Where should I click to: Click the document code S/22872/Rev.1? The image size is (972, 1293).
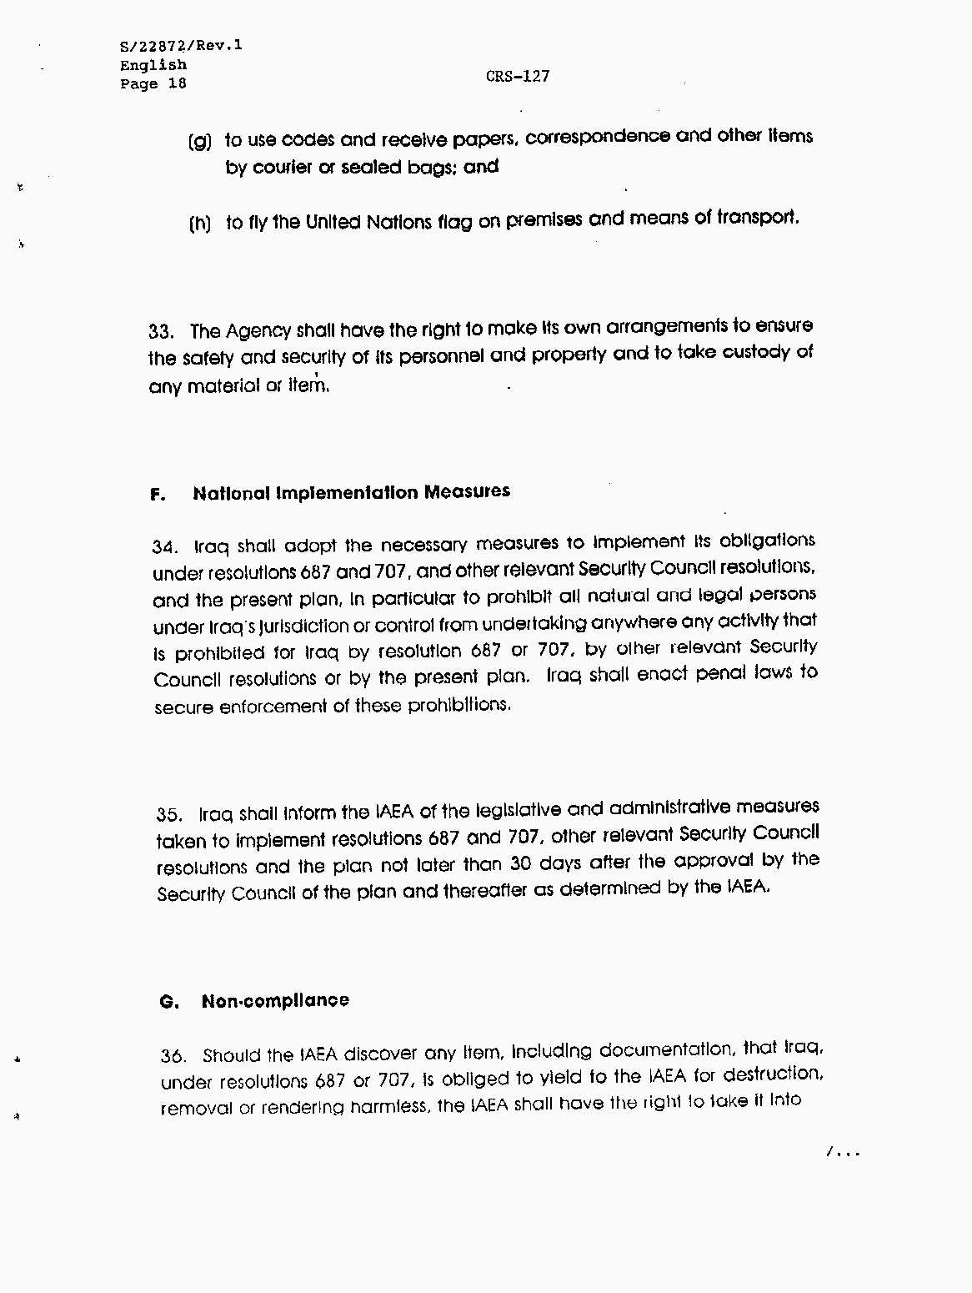click(181, 46)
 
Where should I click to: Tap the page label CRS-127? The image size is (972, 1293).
click(518, 76)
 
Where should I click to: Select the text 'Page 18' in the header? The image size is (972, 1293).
click(153, 83)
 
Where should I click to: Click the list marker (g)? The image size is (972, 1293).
click(200, 141)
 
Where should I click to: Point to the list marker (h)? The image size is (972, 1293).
click(200, 224)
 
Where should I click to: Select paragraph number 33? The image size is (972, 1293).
click(161, 331)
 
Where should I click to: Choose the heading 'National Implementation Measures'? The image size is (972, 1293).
click(351, 492)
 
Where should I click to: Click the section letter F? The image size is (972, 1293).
click(158, 495)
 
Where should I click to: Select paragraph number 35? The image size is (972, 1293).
click(168, 814)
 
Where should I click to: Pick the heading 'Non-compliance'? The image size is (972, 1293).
click(275, 1001)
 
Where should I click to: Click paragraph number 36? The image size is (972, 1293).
click(173, 1056)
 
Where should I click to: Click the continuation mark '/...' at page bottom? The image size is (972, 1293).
click(842, 1153)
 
